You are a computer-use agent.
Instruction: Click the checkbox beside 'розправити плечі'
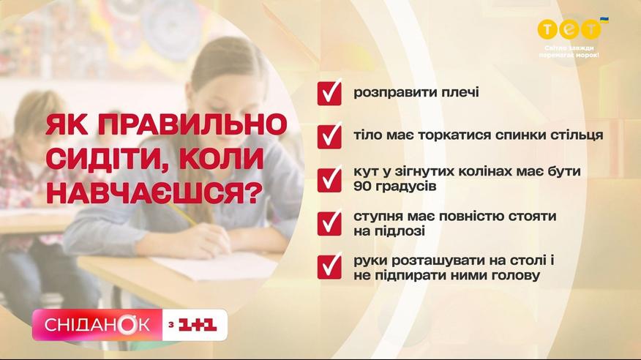click(329, 93)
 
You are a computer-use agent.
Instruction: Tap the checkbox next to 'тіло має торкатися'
click(329, 136)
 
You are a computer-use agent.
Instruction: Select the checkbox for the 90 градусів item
click(329, 180)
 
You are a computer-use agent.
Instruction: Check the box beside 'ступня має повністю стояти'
click(329, 223)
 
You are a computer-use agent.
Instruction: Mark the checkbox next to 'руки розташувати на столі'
click(329, 267)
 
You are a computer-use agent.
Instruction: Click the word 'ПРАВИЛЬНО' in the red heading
click(192, 124)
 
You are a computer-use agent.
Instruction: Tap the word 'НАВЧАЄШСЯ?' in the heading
click(152, 192)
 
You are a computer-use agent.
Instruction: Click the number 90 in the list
click(362, 186)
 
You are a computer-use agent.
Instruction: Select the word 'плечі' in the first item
click(460, 92)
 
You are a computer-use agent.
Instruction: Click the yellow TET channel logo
click(569, 29)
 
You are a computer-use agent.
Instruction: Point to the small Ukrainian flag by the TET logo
click(604, 20)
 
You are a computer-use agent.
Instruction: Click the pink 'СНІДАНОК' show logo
click(97, 325)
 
